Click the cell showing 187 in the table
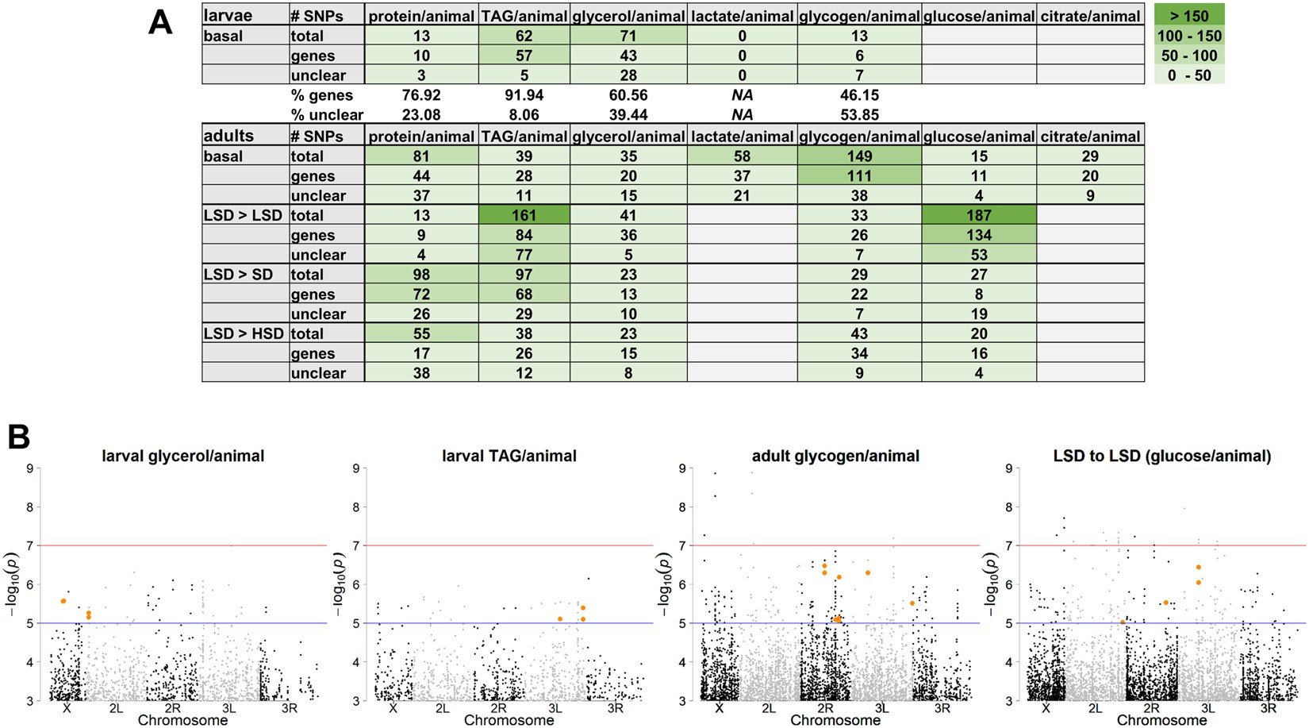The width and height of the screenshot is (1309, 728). tap(979, 215)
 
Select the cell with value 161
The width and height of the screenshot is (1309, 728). tap(524, 215)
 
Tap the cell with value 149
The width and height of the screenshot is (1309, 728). tap(859, 156)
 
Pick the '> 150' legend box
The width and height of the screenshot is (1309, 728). tap(1189, 15)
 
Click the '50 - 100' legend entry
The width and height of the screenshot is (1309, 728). tap(1189, 56)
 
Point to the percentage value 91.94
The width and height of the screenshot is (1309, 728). tap(524, 95)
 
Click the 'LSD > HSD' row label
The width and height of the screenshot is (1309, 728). tap(244, 333)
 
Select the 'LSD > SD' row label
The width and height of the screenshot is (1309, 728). tap(238, 275)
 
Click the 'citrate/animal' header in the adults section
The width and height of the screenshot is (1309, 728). tap(1090, 137)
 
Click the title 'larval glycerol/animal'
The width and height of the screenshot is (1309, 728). tap(183, 456)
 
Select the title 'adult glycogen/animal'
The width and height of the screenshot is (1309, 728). tap(835, 456)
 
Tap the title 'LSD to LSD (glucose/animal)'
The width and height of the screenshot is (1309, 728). tap(1162, 456)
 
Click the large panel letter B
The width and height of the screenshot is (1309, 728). tap(19, 437)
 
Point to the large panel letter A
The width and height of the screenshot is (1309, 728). tap(160, 22)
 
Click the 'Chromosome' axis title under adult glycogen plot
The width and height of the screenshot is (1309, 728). tap(835, 720)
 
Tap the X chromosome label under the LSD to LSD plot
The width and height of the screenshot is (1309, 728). tap(1046, 708)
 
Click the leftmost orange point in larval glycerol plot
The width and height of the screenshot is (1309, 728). tap(63, 601)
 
